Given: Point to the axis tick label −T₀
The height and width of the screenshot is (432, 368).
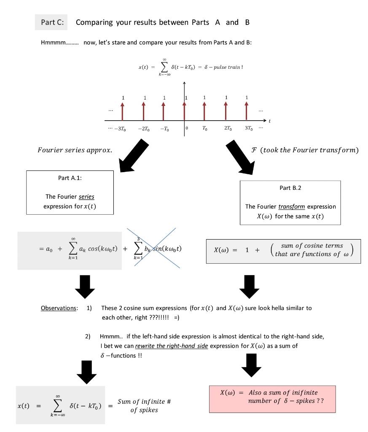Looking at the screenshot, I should tap(164, 129).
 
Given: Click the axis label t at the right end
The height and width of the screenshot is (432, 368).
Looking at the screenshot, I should tap(270, 121).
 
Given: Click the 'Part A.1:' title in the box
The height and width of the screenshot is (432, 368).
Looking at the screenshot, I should tap(71, 178).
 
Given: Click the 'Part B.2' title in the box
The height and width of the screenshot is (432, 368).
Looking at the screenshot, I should tap(290, 188).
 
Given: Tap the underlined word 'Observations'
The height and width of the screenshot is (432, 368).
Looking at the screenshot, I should tap(59, 308).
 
